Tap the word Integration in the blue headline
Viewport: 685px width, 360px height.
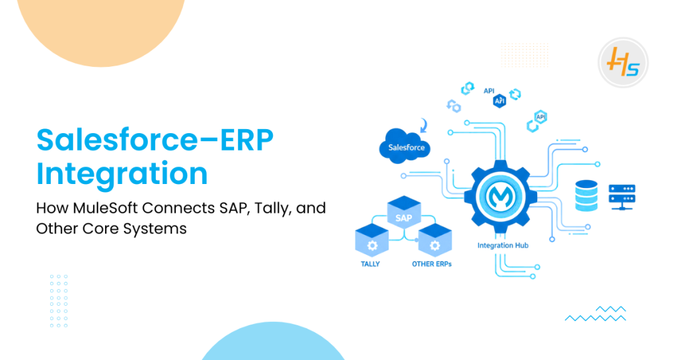122,173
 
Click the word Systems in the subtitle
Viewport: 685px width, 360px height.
160,228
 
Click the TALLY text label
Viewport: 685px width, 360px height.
370,264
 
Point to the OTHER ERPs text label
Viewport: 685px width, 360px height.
431,264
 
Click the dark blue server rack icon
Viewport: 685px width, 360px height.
621,196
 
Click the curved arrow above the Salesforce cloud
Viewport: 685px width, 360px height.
423,124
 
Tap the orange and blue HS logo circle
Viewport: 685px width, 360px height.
623,62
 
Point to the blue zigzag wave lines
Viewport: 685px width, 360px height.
595,313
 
